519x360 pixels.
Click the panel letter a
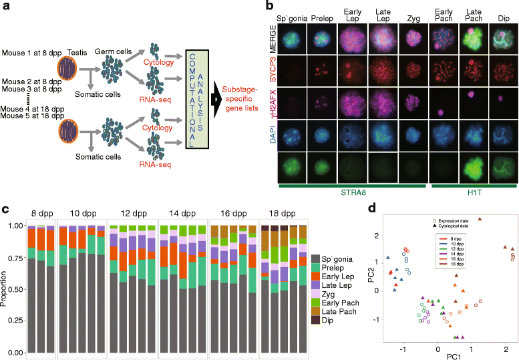7,7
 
